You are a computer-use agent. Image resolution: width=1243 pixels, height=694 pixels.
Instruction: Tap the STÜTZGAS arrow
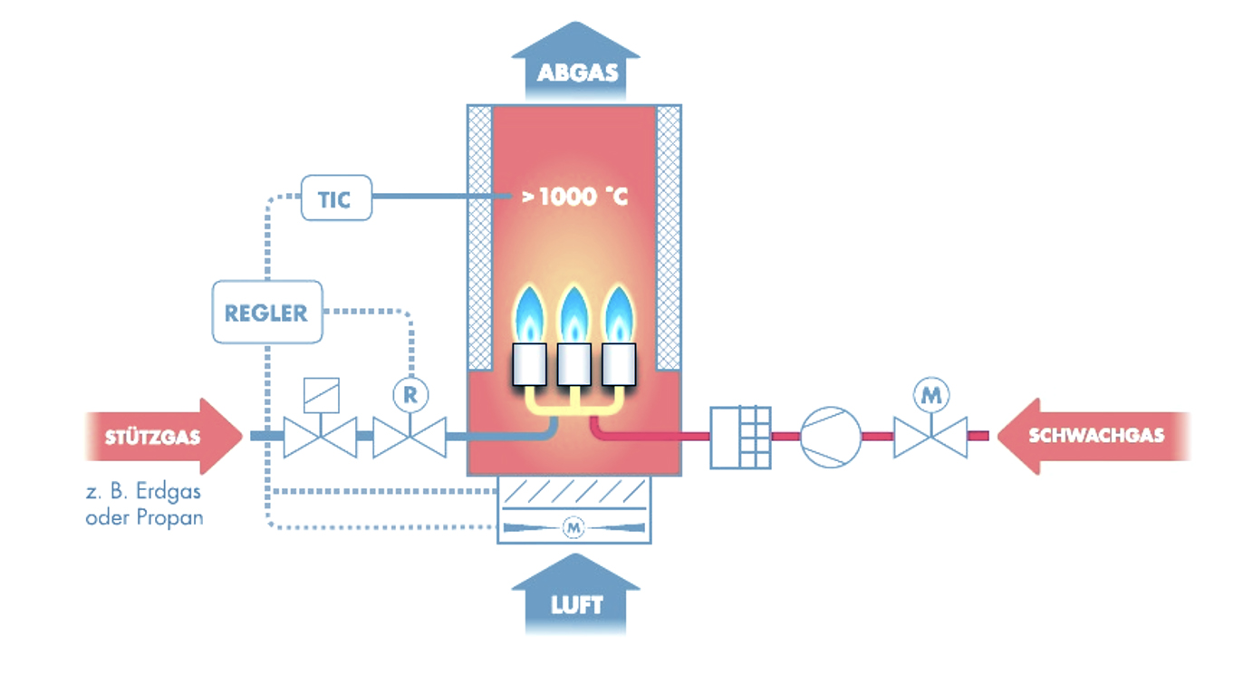click(164, 437)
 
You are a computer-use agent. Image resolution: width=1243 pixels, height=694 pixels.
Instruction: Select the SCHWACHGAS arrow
click(1094, 436)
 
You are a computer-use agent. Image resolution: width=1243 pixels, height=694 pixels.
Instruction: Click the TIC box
click(336, 198)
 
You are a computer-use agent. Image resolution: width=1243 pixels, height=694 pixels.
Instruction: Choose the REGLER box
click(267, 313)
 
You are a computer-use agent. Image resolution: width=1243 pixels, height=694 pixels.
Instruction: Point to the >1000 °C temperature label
click(575, 197)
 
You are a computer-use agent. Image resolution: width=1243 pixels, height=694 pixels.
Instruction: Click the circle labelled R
click(410, 395)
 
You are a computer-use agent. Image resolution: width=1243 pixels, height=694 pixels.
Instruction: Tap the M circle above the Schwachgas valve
click(930, 395)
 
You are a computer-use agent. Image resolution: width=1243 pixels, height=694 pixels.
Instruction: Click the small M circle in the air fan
click(573, 527)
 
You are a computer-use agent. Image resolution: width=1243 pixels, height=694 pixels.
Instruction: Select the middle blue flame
click(573, 314)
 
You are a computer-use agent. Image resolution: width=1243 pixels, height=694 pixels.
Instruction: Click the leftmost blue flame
click(529, 314)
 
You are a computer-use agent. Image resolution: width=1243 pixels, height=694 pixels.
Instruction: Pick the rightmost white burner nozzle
click(619, 364)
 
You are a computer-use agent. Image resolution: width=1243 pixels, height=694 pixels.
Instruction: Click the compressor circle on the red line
click(830, 437)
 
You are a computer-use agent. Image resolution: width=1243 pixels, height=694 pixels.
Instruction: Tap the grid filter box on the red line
click(740, 438)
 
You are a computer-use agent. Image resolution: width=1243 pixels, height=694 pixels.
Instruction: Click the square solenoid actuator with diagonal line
click(322, 396)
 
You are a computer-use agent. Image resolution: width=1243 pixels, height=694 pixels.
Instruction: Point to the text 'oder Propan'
click(144, 518)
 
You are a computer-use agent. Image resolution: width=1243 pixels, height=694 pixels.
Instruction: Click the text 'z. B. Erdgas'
click(143, 492)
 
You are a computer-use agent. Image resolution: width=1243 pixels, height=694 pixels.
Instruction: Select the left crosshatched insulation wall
click(479, 237)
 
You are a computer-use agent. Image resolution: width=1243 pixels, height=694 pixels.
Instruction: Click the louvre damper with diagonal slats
click(573, 492)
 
